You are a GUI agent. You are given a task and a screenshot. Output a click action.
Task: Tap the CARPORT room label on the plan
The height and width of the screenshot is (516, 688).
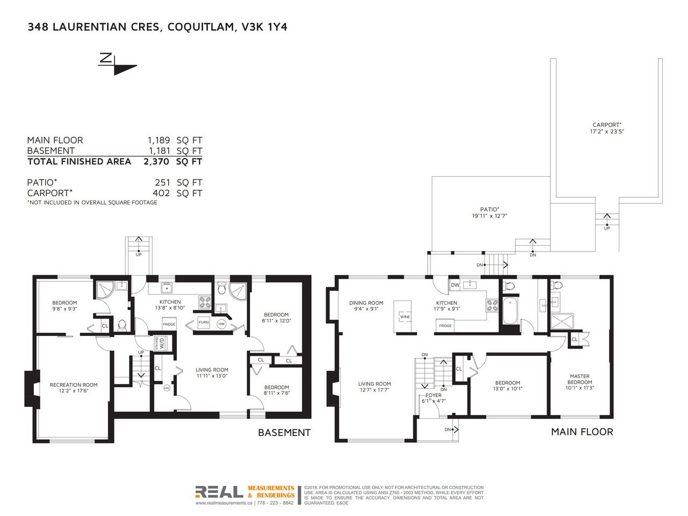point(606,125)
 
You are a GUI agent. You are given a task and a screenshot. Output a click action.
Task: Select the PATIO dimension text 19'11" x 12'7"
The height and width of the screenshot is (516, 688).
point(489,216)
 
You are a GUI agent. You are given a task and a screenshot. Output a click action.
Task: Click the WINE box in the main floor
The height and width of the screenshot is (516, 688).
point(405,317)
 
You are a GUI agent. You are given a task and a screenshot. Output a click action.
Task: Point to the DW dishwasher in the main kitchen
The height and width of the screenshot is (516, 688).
point(455,285)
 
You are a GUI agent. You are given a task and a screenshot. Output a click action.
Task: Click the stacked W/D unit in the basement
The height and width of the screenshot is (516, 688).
point(160,343)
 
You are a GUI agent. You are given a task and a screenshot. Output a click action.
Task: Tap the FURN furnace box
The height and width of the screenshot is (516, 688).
point(203,322)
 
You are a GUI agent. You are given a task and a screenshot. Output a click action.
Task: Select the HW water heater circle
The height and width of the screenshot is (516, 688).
point(221,324)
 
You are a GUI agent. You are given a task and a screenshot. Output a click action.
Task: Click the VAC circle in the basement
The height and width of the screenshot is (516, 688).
point(167,388)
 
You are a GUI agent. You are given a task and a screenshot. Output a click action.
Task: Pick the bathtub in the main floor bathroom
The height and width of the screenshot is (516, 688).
point(510,311)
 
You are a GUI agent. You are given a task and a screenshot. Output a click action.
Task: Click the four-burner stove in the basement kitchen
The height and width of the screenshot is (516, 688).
point(204,302)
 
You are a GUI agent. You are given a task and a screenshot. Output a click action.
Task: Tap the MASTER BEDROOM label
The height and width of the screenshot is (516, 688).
point(579,379)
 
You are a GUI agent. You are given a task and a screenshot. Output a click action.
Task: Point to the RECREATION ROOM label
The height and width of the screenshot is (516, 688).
point(74,385)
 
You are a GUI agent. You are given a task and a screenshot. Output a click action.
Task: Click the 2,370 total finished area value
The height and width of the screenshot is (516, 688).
point(156,162)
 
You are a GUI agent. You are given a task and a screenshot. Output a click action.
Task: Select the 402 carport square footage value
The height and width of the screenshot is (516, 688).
point(161,193)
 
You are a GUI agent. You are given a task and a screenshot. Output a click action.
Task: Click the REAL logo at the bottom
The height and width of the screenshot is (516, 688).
point(219,492)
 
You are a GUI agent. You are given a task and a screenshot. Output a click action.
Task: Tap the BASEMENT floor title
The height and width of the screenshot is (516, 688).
point(284,433)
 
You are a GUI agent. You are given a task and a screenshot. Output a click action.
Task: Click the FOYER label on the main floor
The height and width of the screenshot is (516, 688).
point(433,396)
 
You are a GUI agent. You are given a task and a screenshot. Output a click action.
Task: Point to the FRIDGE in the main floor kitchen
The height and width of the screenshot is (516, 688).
point(445,326)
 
